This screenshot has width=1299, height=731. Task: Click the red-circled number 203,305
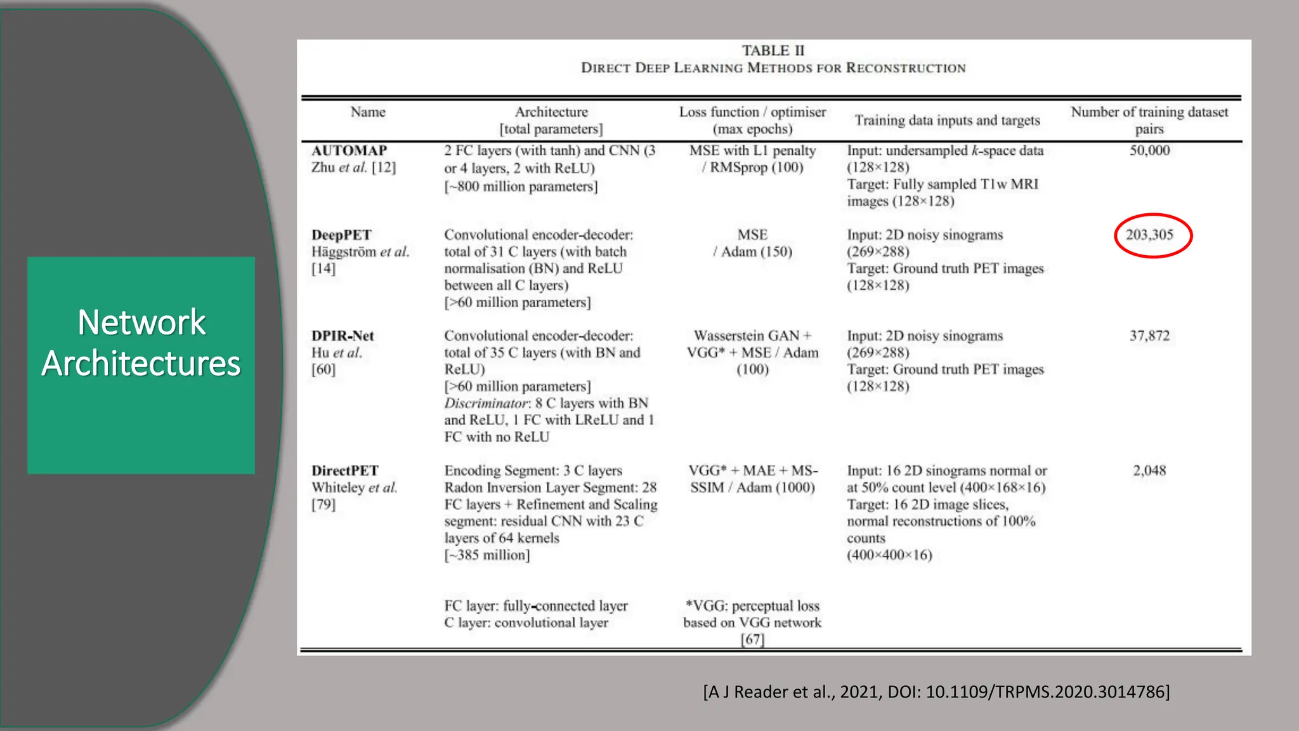pyautogui.click(x=1149, y=235)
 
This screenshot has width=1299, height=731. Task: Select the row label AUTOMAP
pyautogui.click(x=349, y=150)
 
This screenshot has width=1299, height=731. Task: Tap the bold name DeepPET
pyautogui.click(x=341, y=235)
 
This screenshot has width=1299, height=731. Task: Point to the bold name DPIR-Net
pyautogui.click(x=343, y=336)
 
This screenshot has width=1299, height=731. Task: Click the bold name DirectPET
pyautogui.click(x=344, y=471)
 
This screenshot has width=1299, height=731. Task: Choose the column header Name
pyautogui.click(x=368, y=112)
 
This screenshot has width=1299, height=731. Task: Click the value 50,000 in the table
pyautogui.click(x=1149, y=150)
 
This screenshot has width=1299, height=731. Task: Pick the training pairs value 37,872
pyautogui.click(x=1149, y=336)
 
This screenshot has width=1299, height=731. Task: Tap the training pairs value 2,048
pyautogui.click(x=1149, y=471)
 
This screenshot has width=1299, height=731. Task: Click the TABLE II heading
pyautogui.click(x=773, y=51)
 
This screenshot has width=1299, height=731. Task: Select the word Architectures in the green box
pyautogui.click(x=141, y=364)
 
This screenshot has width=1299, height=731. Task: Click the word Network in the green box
pyautogui.click(x=141, y=322)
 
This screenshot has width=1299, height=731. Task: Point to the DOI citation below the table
pyautogui.click(x=936, y=692)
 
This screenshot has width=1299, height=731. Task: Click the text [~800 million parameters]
pyautogui.click(x=521, y=187)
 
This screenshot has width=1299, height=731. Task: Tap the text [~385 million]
pyautogui.click(x=487, y=555)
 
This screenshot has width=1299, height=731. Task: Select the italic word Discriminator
pyautogui.click(x=485, y=404)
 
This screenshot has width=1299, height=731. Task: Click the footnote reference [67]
pyautogui.click(x=752, y=639)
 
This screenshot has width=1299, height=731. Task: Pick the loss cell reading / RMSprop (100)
pyautogui.click(x=752, y=168)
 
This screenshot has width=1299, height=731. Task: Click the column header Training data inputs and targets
pyautogui.click(x=947, y=121)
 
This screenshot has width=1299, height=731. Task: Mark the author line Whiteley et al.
pyautogui.click(x=354, y=488)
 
